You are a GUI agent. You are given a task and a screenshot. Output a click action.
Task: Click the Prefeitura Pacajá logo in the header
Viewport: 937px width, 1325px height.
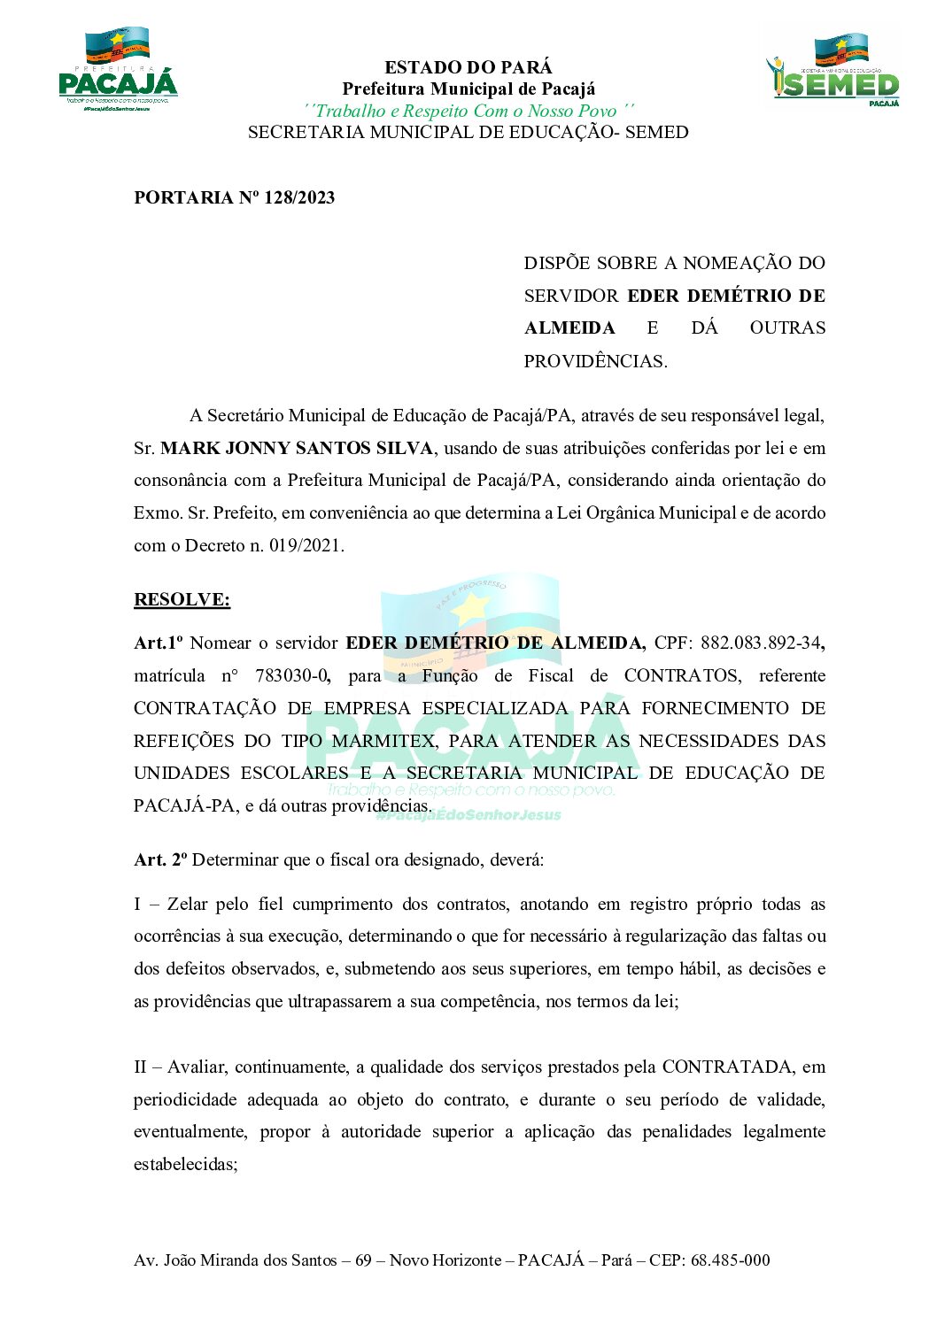coord(118,70)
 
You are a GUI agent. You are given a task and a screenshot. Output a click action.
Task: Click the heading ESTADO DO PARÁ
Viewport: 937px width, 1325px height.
coord(468,67)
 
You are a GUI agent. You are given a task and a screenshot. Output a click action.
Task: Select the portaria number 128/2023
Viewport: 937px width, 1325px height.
coord(299,197)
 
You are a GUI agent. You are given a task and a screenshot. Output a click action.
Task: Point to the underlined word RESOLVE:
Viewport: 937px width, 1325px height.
coord(182,599)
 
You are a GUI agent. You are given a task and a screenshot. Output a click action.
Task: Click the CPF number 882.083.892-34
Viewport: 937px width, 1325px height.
coord(761,643)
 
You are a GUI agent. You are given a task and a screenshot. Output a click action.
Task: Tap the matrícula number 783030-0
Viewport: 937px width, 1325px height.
coord(292,675)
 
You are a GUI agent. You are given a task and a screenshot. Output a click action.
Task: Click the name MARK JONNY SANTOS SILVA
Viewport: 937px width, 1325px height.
coord(297,448)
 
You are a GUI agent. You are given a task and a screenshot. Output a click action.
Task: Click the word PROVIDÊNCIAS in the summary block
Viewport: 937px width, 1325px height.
coord(594,361)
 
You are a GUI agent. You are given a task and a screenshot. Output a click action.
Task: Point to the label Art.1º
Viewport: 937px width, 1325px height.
coord(159,643)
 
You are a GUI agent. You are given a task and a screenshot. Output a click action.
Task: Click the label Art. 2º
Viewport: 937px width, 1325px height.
coord(160,859)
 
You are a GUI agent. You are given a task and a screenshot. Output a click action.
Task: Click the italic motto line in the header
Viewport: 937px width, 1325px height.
coord(468,111)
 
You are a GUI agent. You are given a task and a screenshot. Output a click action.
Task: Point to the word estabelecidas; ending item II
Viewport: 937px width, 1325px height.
coord(185,1164)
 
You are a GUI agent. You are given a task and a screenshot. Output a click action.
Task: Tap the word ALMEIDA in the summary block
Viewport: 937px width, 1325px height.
coord(569,328)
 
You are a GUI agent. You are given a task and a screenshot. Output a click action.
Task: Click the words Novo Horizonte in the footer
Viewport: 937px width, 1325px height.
coord(445,1260)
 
